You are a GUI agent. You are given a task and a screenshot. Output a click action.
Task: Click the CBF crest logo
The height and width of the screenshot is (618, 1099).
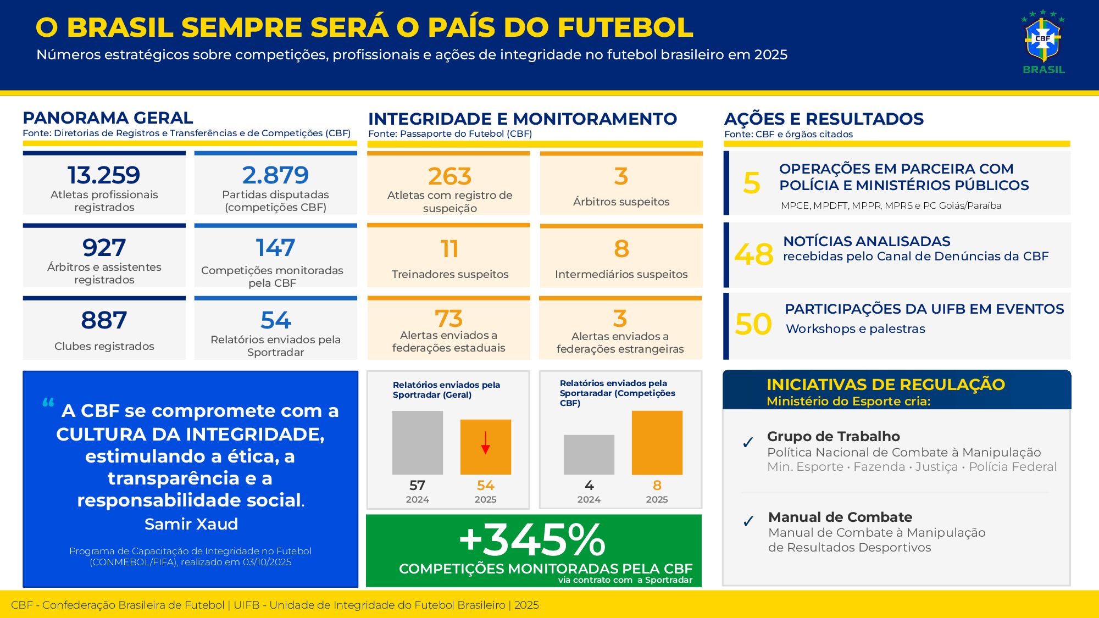point(1042,40)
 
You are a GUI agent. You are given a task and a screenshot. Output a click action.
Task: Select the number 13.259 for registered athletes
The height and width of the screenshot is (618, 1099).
point(104,175)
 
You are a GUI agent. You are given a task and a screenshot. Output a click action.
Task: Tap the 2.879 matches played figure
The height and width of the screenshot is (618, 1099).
point(275,175)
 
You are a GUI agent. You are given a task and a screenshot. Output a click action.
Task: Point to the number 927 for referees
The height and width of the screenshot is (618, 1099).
point(104,248)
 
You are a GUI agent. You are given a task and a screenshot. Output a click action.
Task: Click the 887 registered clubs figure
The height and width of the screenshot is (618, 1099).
point(104,320)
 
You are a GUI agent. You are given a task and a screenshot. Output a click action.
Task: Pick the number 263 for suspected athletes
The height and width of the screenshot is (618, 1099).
point(449,176)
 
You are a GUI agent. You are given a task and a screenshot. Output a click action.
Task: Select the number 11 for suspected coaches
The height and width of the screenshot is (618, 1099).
point(449,249)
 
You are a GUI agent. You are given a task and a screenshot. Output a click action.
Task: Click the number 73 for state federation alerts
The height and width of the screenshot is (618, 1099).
point(448,319)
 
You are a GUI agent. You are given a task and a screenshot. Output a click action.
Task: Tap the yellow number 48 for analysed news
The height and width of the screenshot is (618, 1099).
point(753,254)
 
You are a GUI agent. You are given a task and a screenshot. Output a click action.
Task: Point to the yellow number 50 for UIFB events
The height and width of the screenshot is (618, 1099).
point(753,324)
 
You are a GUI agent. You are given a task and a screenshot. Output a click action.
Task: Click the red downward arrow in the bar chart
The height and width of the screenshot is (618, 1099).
point(485,443)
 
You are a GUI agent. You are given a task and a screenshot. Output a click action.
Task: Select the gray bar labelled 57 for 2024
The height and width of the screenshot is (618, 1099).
point(418,443)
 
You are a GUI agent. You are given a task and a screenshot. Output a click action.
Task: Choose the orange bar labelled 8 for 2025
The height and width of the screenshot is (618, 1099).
point(657,443)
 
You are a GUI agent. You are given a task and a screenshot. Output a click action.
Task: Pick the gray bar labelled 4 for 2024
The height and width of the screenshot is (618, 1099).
point(589,454)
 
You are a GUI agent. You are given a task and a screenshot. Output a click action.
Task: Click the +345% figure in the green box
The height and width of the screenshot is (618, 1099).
point(532,540)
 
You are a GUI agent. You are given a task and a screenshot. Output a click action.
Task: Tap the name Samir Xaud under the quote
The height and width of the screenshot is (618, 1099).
point(191,524)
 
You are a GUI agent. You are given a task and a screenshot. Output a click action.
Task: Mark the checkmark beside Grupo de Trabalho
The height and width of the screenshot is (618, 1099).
point(748,443)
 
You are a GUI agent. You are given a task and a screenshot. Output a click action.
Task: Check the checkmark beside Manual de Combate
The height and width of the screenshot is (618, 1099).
point(748,521)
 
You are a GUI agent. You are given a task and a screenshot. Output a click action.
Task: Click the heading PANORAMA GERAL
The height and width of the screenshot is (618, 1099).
point(108,118)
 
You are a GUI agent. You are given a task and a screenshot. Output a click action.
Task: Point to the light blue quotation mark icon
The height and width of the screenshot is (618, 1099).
point(48,403)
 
